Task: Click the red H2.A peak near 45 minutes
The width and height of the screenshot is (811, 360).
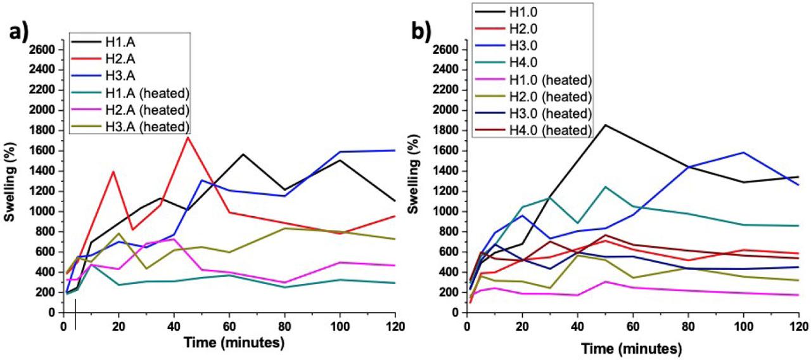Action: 188,137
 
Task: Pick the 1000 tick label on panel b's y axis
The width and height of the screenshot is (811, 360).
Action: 447,211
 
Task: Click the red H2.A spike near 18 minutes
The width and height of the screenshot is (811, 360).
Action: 113,172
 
